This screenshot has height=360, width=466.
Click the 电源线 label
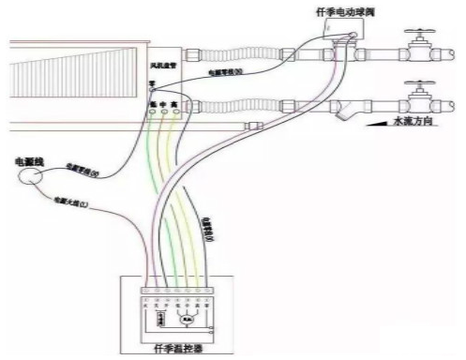pyautogui.click(x=31, y=160)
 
